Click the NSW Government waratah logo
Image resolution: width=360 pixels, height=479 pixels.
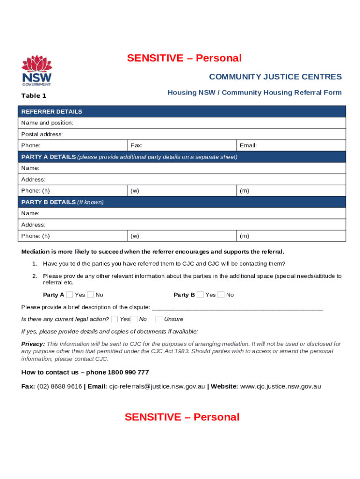[36, 71]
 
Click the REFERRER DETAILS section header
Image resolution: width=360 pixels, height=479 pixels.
[51, 111]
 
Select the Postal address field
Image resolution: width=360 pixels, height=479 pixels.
[182, 134]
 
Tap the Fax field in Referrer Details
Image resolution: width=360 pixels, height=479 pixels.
[182, 145]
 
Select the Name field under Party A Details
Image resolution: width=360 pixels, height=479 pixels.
[182, 168]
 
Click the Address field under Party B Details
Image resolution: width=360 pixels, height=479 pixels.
[182, 225]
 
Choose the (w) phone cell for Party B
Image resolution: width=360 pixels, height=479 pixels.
[182, 236]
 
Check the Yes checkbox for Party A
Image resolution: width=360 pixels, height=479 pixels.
[70, 295]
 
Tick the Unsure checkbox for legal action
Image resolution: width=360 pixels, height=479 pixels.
[159, 319]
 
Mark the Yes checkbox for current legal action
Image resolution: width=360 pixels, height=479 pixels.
[115, 319]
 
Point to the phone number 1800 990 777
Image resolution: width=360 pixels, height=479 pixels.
[128, 372]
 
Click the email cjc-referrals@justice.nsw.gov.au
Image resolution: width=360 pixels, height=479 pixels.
[157, 386]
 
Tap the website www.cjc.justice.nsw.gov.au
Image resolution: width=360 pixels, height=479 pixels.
[280, 386]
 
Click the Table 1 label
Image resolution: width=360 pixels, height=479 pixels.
[34, 95]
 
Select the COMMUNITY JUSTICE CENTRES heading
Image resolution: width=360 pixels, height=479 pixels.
[275, 77]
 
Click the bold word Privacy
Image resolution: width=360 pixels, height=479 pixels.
[33, 344]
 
